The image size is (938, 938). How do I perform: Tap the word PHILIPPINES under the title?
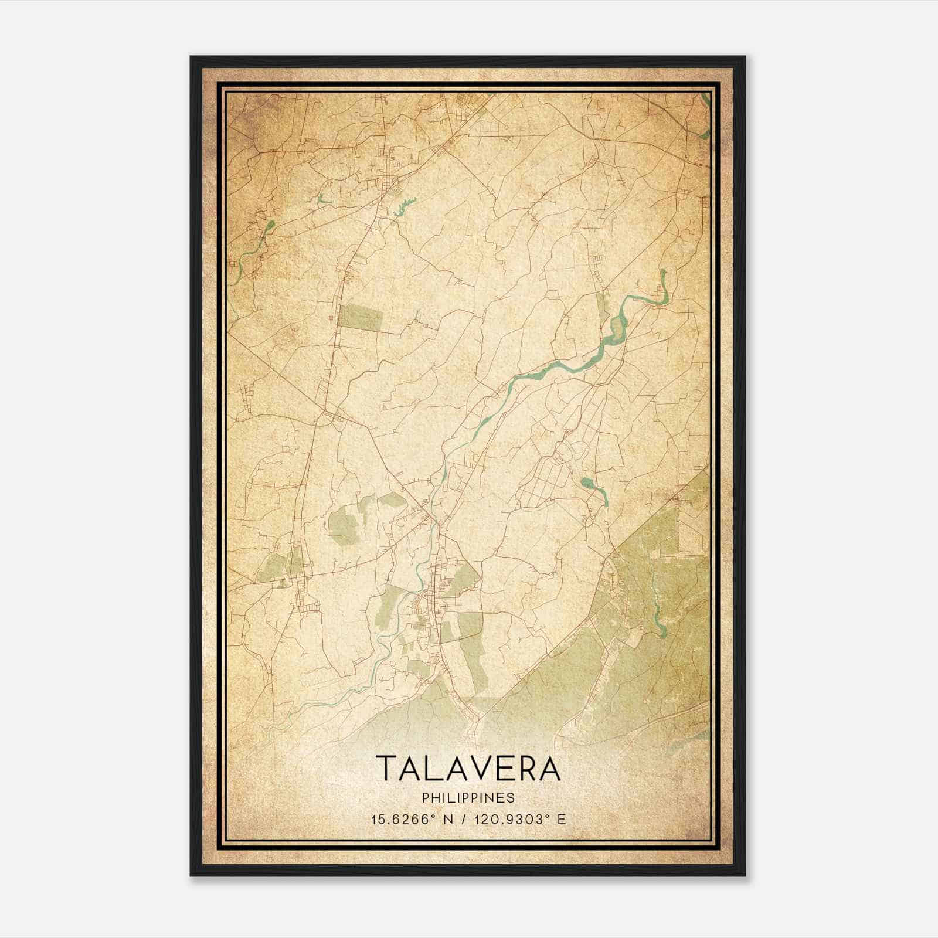pos(468,798)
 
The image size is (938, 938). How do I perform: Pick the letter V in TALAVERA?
pos(477,769)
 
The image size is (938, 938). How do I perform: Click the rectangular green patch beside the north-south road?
pos(362,317)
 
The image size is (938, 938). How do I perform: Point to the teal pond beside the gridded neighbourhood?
pos(587,483)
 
